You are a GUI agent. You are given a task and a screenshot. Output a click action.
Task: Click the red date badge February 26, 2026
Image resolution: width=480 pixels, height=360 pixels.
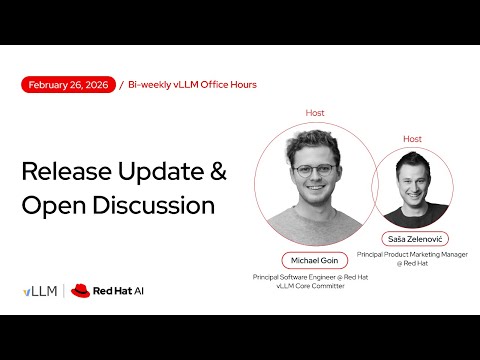pos(68,85)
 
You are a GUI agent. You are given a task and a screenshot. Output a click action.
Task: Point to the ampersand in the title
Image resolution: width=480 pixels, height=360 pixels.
pos(217,171)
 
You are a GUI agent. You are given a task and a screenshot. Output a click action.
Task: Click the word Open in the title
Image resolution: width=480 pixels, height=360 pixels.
pos(50,205)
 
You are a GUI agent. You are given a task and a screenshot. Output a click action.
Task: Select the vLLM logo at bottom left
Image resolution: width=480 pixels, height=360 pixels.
pos(40,291)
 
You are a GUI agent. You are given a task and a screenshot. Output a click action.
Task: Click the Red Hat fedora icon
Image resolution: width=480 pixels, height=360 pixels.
pos(80,291)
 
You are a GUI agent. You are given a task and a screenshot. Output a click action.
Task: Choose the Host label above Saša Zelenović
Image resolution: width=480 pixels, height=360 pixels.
pos(412,138)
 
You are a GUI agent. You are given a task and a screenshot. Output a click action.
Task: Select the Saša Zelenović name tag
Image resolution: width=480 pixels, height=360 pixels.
pos(412,239)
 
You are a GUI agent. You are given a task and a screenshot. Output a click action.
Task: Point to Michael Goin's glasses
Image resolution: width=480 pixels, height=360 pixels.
pos(312,170)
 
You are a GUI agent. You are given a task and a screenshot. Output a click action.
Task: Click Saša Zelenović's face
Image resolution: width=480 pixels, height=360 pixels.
pos(410,180)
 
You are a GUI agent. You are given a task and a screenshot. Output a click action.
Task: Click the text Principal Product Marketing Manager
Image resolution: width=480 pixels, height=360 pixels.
pos(412,256)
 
